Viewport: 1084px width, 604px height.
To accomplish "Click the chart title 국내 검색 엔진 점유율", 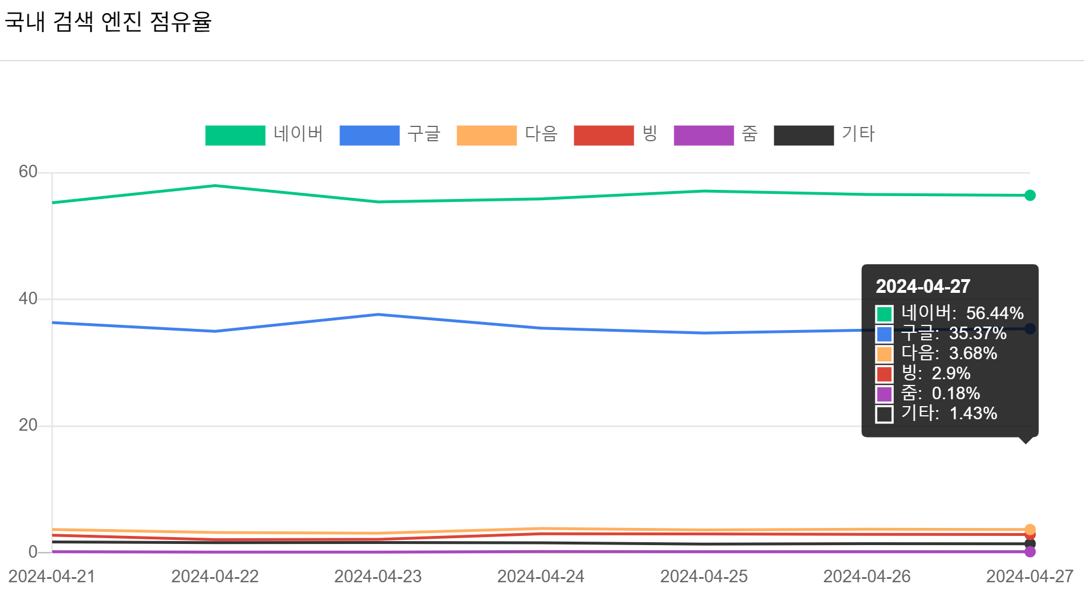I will (x=109, y=22).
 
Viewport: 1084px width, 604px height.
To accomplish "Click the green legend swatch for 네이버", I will (x=235, y=136).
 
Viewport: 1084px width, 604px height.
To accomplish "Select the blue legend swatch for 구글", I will (x=369, y=136).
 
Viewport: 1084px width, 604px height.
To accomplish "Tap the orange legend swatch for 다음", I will (x=486, y=136).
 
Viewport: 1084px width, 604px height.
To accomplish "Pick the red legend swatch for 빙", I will (x=603, y=136).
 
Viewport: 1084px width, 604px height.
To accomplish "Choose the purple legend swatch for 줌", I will (x=703, y=136).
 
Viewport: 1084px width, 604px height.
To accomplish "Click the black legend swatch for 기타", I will (x=803, y=136).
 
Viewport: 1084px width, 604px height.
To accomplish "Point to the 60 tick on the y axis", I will (x=27, y=172).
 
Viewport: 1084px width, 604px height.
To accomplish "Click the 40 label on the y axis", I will (x=27, y=299).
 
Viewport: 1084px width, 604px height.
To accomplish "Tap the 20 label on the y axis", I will (x=27, y=425).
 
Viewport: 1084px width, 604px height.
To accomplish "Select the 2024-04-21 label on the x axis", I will (x=52, y=576).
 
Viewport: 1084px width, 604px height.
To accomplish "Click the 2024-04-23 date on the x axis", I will (x=378, y=576).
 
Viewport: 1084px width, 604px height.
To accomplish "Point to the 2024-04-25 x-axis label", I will (x=704, y=576).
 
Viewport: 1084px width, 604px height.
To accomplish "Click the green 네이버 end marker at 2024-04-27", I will (x=1030, y=196).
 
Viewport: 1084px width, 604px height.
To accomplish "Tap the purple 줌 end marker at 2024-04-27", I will (x=1030, y=551).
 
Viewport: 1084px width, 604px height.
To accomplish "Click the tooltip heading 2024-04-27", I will (x=923, y=287).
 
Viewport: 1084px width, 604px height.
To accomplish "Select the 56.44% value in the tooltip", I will (x=995, y=313).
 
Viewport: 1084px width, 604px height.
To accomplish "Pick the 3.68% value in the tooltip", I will (x=973, y=353).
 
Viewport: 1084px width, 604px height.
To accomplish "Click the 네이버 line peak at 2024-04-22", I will (x=215, y=185).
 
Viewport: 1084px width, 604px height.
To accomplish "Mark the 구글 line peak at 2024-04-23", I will (x=378, y=315).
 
